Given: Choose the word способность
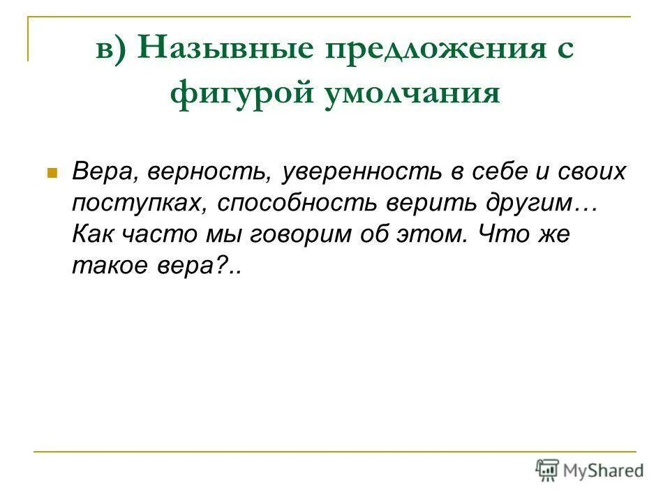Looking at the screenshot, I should pos(296,203).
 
